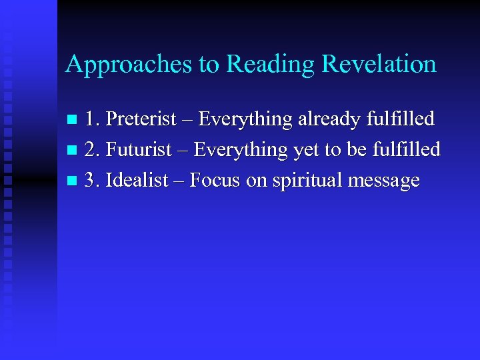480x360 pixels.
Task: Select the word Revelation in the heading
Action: (x=379, y=64)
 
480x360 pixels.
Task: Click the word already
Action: (x=333, y=119)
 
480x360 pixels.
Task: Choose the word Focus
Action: (x=215, y=179)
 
